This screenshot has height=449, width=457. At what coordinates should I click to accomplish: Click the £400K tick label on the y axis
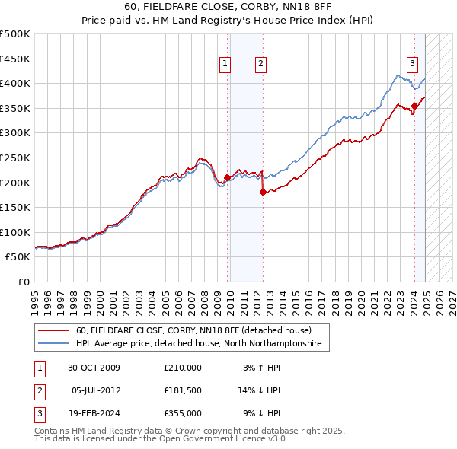16,84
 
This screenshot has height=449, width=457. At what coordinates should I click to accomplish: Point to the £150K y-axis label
16,208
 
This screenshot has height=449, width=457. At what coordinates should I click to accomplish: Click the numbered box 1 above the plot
226,64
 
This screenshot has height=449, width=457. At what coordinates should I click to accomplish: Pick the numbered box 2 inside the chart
260,64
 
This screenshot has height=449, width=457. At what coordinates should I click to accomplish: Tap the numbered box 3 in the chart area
412,64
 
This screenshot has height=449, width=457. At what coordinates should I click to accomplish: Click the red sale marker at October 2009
227,178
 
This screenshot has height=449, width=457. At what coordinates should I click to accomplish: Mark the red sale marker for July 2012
263,192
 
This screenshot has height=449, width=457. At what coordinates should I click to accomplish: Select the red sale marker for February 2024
414,106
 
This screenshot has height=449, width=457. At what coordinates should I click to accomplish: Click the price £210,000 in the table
182,368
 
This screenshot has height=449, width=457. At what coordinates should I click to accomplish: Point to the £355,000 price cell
182,413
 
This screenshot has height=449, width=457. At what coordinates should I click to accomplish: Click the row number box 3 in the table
37,413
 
